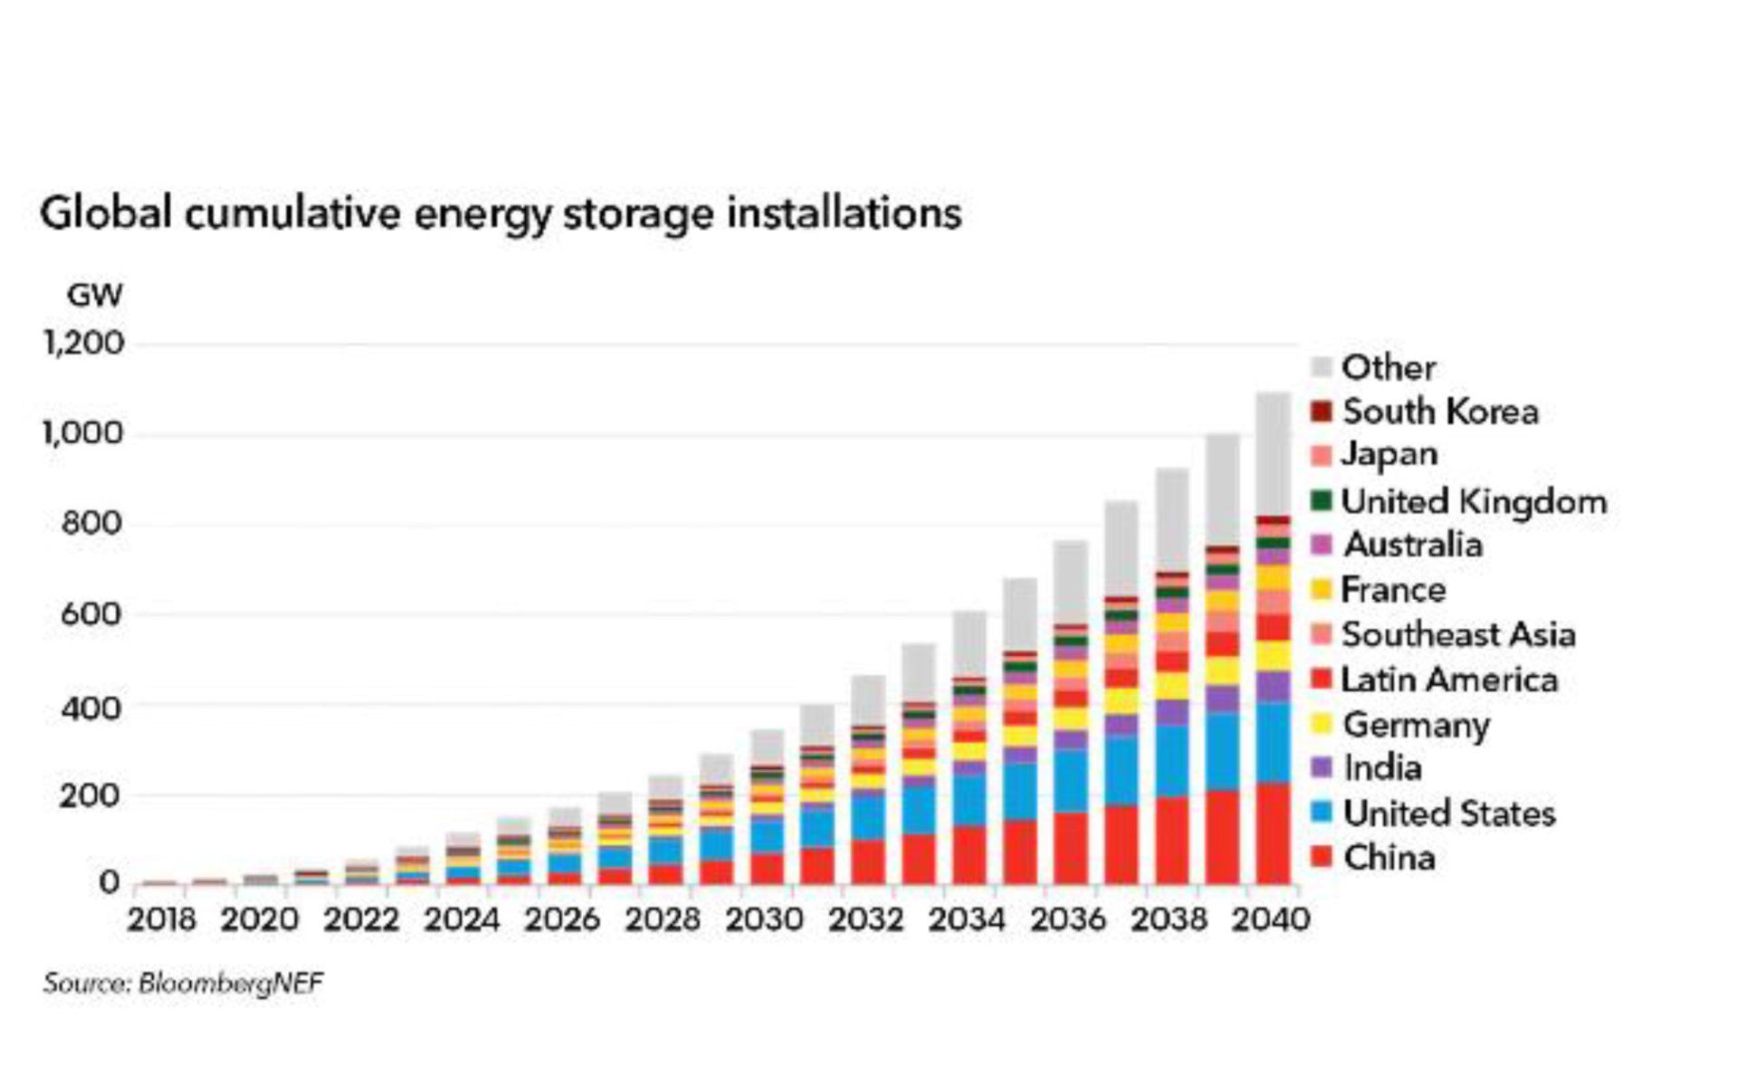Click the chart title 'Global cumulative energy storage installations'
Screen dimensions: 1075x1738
501,214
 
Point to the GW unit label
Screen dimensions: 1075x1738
94,296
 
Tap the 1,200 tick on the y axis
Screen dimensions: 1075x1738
83,344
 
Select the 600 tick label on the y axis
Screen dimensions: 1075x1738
91,614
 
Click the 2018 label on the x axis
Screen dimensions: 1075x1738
161,919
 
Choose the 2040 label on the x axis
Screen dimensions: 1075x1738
1271,919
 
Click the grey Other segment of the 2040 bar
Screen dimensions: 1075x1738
1273,452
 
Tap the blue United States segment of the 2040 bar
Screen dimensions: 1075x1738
1273,742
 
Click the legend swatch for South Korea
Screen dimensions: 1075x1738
1322,412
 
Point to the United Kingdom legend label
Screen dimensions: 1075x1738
1474,501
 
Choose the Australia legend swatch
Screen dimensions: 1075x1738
1322,545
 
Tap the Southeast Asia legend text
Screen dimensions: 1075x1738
1458,634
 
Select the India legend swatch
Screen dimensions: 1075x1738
1322,768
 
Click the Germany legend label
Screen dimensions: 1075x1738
1417,724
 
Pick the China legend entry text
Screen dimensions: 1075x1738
1389,857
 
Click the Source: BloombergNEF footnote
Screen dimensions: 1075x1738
183,983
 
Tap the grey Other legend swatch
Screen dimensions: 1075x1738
1322,367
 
